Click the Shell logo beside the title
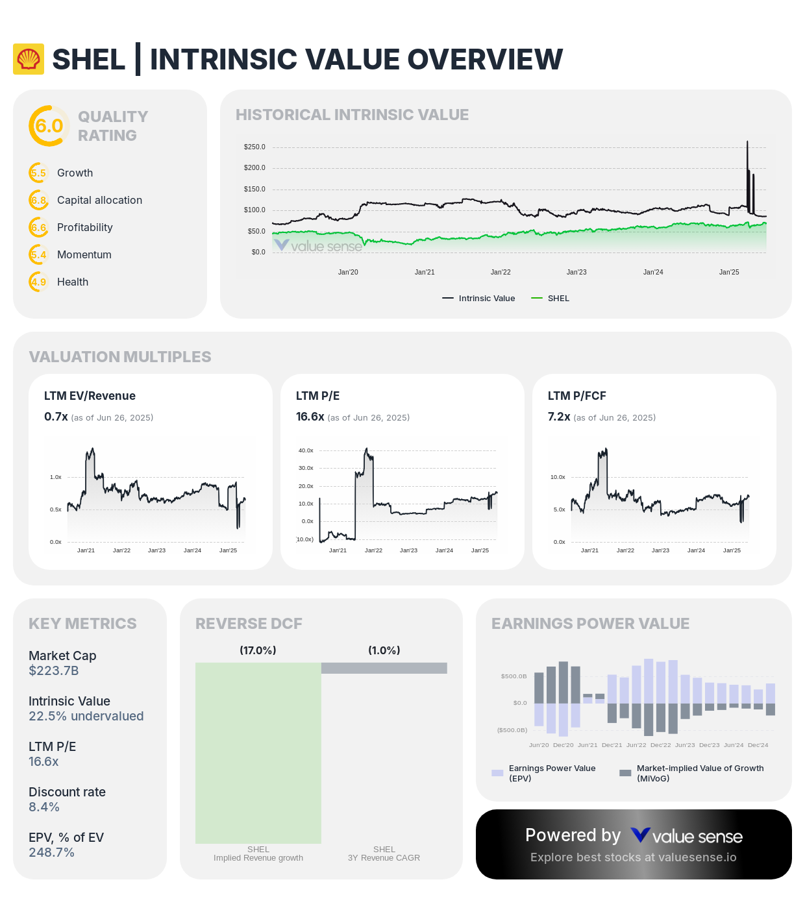[29, 59]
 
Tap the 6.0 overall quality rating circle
[49, 126]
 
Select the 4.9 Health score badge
[38, 282]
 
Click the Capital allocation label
[99, 200]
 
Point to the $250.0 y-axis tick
[254, 147]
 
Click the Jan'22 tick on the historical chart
[501, 272]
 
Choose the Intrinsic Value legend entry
[479, 298]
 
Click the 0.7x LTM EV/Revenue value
[56, 417]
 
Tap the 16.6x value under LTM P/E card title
[310, 417]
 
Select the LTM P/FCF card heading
[576, 396]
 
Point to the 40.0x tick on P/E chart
[306, 450]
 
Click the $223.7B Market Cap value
[53, 670]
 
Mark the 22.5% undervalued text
[86, 716]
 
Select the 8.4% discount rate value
[44, 807]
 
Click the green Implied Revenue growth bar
[258, 753]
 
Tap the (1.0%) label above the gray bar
[384, 650]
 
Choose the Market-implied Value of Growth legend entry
[692, 773]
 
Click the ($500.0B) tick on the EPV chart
[512, 730]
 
